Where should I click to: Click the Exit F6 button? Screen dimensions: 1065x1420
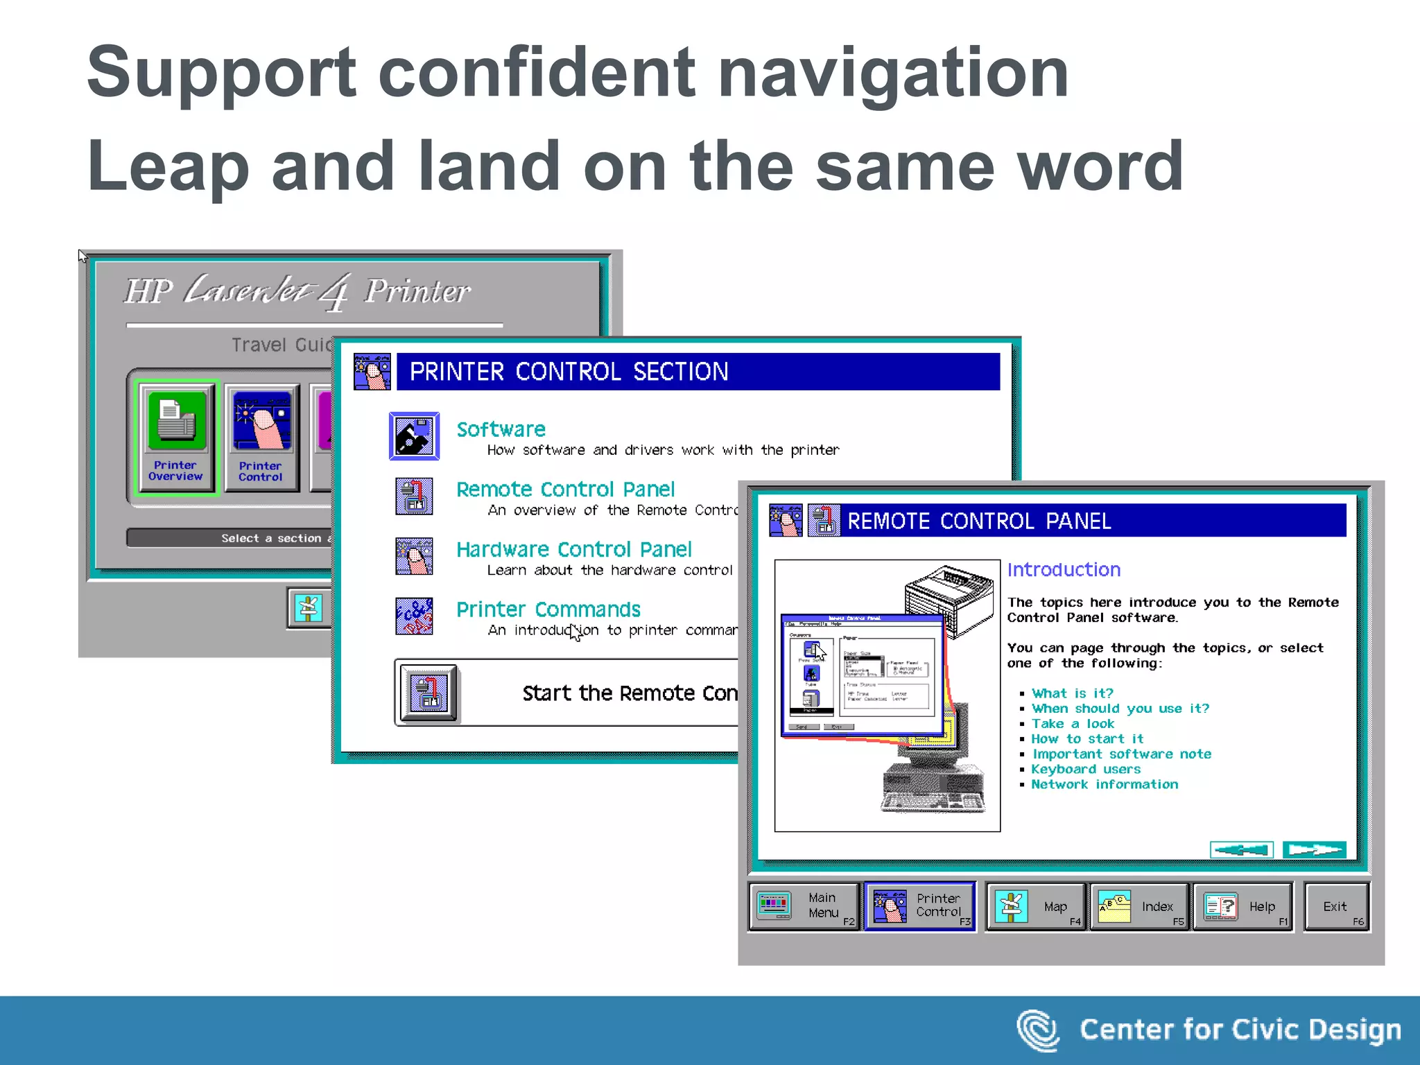1336,906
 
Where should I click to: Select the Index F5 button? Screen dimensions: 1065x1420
1140,906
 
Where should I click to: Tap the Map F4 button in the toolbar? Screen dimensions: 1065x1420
1036,906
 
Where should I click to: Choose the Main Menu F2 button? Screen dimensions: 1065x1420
805,906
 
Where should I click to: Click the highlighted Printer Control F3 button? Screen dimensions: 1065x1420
920,906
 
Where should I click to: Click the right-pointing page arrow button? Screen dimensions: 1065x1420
1314,849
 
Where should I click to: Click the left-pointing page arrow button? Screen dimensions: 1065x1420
1241,849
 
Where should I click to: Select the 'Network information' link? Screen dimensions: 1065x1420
1104,784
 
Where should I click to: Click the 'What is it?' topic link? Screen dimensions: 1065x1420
1072,693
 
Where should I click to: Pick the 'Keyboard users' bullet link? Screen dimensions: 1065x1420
1085,769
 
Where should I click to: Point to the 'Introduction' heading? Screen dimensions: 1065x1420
1064,570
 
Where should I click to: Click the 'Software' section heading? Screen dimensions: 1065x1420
501,429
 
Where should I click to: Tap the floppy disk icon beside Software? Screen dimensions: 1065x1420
414,436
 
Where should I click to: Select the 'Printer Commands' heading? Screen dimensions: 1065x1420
548,609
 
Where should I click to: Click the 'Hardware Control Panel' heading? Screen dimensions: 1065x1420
573,550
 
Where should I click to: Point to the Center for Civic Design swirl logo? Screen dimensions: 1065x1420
1037,1030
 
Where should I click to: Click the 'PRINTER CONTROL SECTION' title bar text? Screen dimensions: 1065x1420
569,372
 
